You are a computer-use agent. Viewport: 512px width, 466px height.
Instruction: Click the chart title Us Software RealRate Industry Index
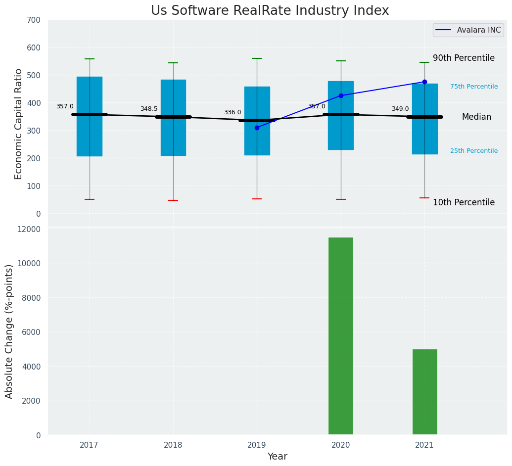point(270,11)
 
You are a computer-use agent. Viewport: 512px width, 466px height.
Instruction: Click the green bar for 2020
point(341,336)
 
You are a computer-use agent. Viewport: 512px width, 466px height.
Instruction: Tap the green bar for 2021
point(424,392)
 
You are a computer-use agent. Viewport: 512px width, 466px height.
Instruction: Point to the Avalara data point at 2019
point(257,128)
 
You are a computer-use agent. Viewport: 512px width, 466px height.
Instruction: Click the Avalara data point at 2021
point(424,82)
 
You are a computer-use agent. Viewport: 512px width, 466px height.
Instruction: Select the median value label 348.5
point(149,109)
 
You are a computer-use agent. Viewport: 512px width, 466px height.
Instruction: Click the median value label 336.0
point(233,112)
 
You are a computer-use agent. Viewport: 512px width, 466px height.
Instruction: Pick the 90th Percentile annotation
point(464,58)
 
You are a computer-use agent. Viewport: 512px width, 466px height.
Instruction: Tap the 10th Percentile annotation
point(464,202)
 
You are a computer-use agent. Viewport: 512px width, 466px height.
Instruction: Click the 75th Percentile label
point(474,87)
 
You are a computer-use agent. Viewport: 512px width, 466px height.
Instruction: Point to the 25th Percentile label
point(474,151)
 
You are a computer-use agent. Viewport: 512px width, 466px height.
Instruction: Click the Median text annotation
point(476,117)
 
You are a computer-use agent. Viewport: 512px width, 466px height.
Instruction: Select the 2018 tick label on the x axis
point(173,445)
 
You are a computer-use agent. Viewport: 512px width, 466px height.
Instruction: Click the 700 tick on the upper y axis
point(34,20)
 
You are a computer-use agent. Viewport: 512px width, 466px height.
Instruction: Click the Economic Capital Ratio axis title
point(19,124)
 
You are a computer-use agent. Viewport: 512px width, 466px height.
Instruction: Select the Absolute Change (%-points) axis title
point(9,331)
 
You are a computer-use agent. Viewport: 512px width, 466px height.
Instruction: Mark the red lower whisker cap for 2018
point(173,200)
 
